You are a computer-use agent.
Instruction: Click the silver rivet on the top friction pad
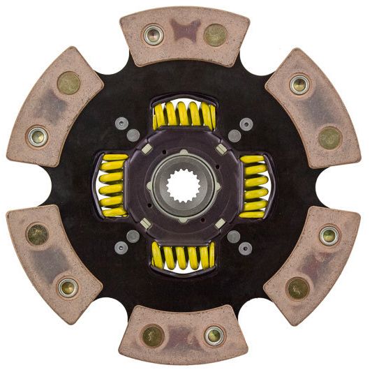[152, 34]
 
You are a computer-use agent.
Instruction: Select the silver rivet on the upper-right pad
[299, 84]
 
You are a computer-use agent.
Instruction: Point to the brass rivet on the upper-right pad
[330, 137]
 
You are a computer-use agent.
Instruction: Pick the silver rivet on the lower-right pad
[329, 235]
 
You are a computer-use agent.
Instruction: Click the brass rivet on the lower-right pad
[299, 287]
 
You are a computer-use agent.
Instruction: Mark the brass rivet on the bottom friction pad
[153, 336]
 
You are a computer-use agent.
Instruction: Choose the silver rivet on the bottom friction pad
[215, 336]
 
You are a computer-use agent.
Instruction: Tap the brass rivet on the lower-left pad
[38, 234]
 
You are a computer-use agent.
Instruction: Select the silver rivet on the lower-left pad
[68, 287]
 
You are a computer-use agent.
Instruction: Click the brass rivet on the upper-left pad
[68, 83]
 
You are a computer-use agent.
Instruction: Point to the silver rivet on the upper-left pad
[38, 136]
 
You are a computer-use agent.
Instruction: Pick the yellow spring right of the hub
[254, 186]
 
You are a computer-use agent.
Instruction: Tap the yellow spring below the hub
[183, 256]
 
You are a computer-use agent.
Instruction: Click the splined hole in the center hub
[184, 186]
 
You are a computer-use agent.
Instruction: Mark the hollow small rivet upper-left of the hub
[121, 123]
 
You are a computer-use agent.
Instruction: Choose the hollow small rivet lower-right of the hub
[245, 248]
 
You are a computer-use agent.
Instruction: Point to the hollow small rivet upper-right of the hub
[245, 124]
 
